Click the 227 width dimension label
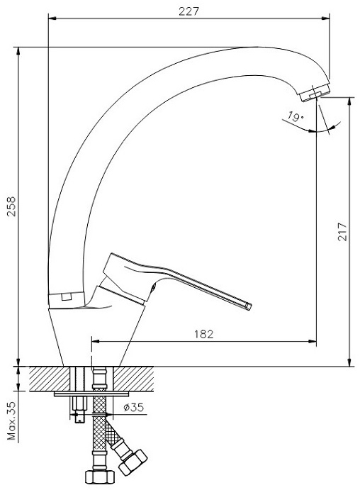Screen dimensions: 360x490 click(x=189, y=11)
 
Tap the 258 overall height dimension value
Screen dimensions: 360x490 click(x=11, y=206)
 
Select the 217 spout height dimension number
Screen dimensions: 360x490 click(x=342, y=232)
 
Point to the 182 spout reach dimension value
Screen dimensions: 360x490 click(x=204, y=334)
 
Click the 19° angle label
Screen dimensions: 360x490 click(x=295, y=117)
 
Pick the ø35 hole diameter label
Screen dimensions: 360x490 click(x=133, y=407)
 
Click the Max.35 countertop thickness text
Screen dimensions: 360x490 click(x=11, y=421)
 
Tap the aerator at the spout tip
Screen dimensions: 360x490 click(x=315, y=91)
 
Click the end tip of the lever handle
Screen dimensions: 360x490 click(x=248, y=306)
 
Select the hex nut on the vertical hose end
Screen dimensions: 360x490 click(x=100, y=477)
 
